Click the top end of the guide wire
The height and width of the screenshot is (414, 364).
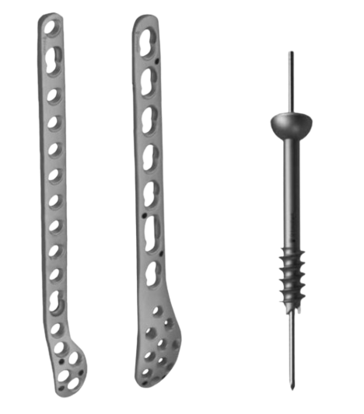click(x=289, y=54)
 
